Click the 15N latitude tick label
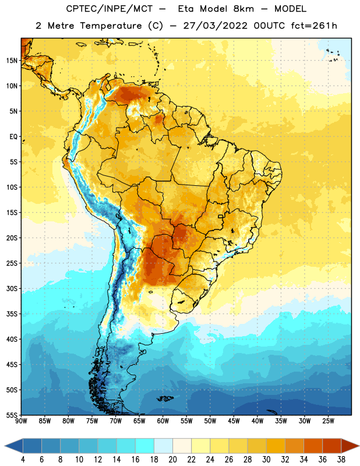(12, 61)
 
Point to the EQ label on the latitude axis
(13, 137)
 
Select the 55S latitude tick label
(12, 415)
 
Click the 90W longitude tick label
(21, 421)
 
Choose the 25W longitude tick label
(328, 421)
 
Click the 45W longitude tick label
(234, 421)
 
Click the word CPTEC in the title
(79, 9)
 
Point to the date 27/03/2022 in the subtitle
(215, 26)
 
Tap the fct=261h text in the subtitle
(314, 26)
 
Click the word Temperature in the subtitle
(111, 26)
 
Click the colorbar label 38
(341, 460)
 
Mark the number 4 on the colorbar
(23, 460)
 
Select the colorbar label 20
(172, 460)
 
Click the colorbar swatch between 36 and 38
(332, 446)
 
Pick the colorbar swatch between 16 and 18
(145, 446)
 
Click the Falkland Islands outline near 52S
(165, 398)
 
